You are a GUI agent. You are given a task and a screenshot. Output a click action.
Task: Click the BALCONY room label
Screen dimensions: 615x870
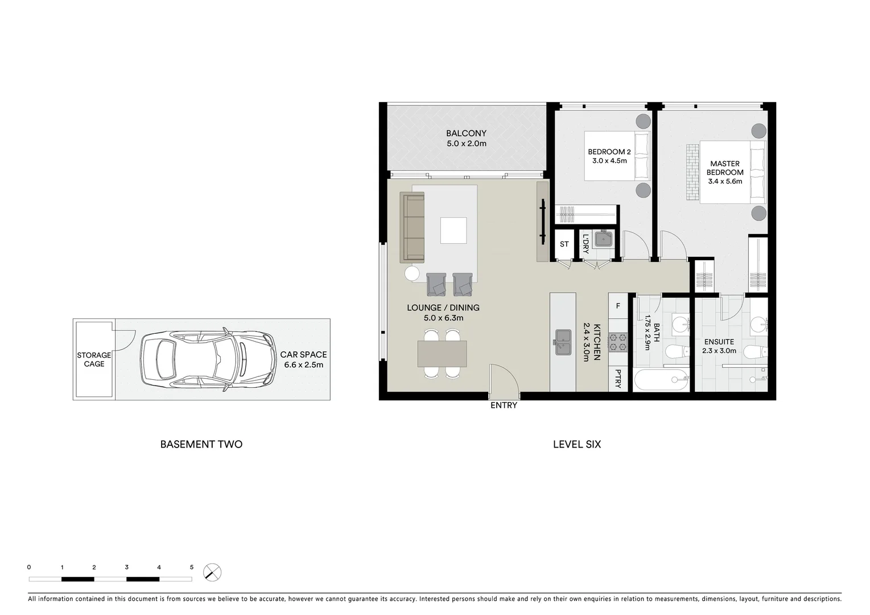coord(466,134)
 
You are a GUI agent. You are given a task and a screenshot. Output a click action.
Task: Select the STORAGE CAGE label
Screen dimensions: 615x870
coord(94,359)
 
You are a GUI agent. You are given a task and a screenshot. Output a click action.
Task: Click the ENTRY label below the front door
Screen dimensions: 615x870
coord(504,405)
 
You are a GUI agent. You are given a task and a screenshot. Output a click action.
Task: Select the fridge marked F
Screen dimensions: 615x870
coord(618,306)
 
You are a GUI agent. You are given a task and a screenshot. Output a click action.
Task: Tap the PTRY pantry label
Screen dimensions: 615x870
coord(618,379)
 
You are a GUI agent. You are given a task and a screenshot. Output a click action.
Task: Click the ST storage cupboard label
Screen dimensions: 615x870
coord(564,244)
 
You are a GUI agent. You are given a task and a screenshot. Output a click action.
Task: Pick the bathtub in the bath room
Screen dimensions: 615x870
coord(661,379)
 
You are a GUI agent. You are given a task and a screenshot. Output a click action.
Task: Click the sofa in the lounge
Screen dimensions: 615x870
coord(413,227)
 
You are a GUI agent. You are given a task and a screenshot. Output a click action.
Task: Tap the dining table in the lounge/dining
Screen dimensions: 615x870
coord(442,354)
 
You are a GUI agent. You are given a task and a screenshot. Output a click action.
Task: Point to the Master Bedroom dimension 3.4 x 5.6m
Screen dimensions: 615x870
coord(725,182)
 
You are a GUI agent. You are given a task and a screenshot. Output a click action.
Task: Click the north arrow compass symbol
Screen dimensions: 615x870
coord(212,572)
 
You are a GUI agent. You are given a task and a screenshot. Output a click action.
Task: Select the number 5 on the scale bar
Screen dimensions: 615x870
coord(192,567)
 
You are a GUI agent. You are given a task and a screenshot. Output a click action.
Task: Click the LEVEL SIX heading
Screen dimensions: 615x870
coord(576,444)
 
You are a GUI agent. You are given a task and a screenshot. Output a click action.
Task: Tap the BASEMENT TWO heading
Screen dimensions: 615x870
coord(201,444)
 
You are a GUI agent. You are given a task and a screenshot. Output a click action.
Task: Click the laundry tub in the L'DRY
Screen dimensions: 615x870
coord(603,239)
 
